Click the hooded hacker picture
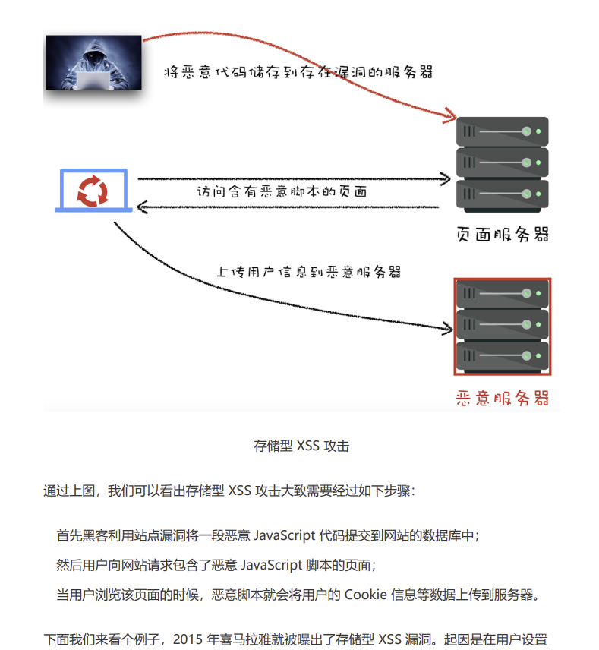tap(93, 64)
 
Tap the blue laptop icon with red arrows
tap(93, 191)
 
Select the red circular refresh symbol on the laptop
tap(93, 189)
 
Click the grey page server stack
tap(502, 164)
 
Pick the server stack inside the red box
tap(502, 326)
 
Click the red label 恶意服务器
tap(502, 398)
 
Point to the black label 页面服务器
tap(502, 235)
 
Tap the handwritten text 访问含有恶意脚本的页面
tap(282, 193)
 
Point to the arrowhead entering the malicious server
tap(446, 330)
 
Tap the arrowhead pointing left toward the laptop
tap(143, 207)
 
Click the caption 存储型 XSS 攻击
tap(301, 446)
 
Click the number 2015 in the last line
tap(188, 640)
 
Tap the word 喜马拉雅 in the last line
tap(249, 640)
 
